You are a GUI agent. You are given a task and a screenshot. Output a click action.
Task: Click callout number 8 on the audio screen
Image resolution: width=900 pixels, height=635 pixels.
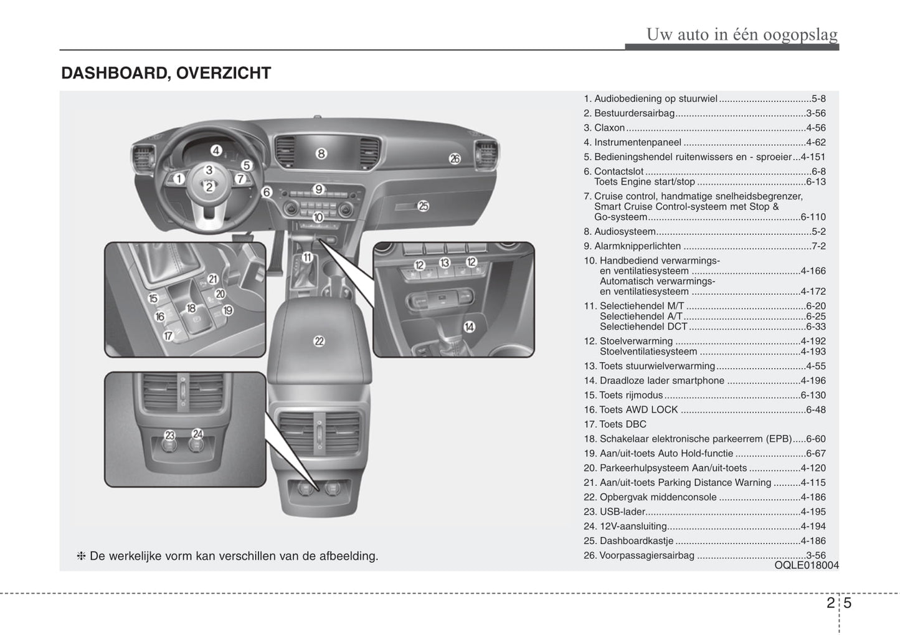coord(321,153)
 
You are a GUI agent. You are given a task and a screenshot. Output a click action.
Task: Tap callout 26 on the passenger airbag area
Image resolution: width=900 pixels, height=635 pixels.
coord(455,159)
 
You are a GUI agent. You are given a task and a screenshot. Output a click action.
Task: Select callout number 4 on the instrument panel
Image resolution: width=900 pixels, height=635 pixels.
coord(216,150)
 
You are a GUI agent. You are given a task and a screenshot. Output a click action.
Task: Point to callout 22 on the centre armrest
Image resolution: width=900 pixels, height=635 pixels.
coord(319,341)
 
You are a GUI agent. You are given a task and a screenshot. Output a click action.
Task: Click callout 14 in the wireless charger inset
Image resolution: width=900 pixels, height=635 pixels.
coord(469,327)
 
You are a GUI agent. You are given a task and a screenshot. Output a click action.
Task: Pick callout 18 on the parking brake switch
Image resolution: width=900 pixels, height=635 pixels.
coord(191,308)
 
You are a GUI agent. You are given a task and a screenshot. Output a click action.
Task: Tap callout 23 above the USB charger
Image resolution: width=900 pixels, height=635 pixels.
coord(169,435)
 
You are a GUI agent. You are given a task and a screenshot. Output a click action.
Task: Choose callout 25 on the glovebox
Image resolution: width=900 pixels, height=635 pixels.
coord(423,206)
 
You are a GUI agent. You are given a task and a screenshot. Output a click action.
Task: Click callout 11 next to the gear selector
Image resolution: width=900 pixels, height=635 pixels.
coord(307,257)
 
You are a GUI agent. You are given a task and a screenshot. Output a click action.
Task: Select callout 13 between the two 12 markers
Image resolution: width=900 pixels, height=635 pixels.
coord(445,263)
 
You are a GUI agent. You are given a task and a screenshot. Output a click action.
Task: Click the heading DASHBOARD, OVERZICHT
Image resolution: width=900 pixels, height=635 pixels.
coord(166,74)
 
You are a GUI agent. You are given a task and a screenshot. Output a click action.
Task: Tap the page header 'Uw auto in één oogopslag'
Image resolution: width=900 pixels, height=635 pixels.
coord(741,34)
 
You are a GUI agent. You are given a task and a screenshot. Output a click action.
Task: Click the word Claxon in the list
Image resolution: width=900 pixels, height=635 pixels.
coord(609,128)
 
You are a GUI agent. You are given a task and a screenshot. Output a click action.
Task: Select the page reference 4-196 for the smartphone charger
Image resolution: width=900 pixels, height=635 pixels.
coord(813,381)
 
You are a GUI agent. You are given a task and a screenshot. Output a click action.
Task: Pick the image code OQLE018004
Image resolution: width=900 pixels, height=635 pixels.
coord(807,565)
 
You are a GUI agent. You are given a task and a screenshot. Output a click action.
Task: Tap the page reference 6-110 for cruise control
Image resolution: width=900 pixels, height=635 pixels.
coord(813,217)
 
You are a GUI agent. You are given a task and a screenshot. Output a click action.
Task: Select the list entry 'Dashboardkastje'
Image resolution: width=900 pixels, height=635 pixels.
coord(636,541)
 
